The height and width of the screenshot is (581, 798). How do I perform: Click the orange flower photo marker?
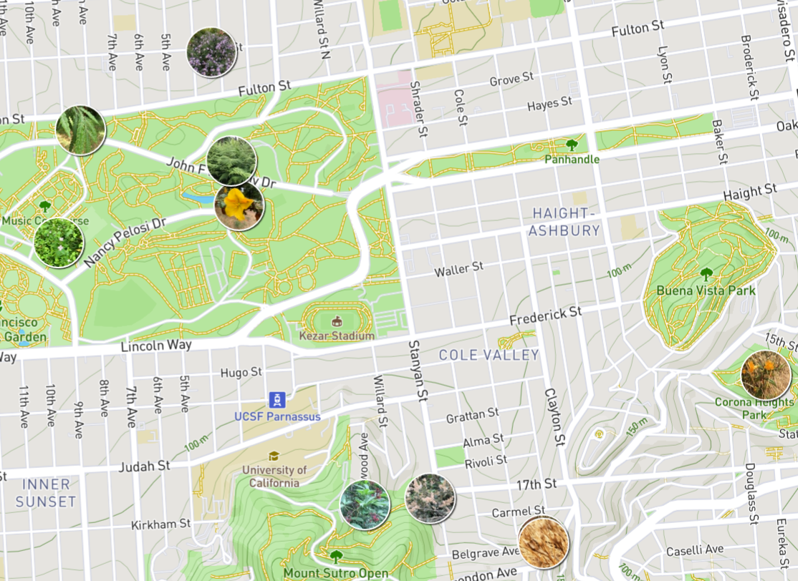tap(239, 206)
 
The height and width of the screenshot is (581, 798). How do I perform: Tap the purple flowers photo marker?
tap(211, 52)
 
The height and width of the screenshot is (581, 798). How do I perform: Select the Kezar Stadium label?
tap(337, 336)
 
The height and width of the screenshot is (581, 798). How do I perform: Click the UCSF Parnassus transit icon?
tap(277, 400)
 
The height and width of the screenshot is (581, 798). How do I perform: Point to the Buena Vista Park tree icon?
tap(706, 274)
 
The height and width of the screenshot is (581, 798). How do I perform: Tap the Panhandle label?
tap(572, 160)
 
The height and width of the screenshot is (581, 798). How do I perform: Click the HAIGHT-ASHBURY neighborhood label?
tap(564, 222)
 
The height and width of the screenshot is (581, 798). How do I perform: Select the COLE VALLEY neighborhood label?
tap(489, 355)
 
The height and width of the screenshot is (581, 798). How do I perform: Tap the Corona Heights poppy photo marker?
tap(766, 375)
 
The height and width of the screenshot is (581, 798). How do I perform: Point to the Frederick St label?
tap(545, 316)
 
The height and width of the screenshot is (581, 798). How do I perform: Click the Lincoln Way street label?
tap(156, 346)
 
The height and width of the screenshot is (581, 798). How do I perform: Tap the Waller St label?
tap(458, 270)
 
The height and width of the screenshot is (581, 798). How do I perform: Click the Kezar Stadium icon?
tap(337, 322)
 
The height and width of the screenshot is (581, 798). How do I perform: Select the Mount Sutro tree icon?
tap(336, 556)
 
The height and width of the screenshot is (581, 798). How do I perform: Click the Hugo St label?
tap(241, 373)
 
